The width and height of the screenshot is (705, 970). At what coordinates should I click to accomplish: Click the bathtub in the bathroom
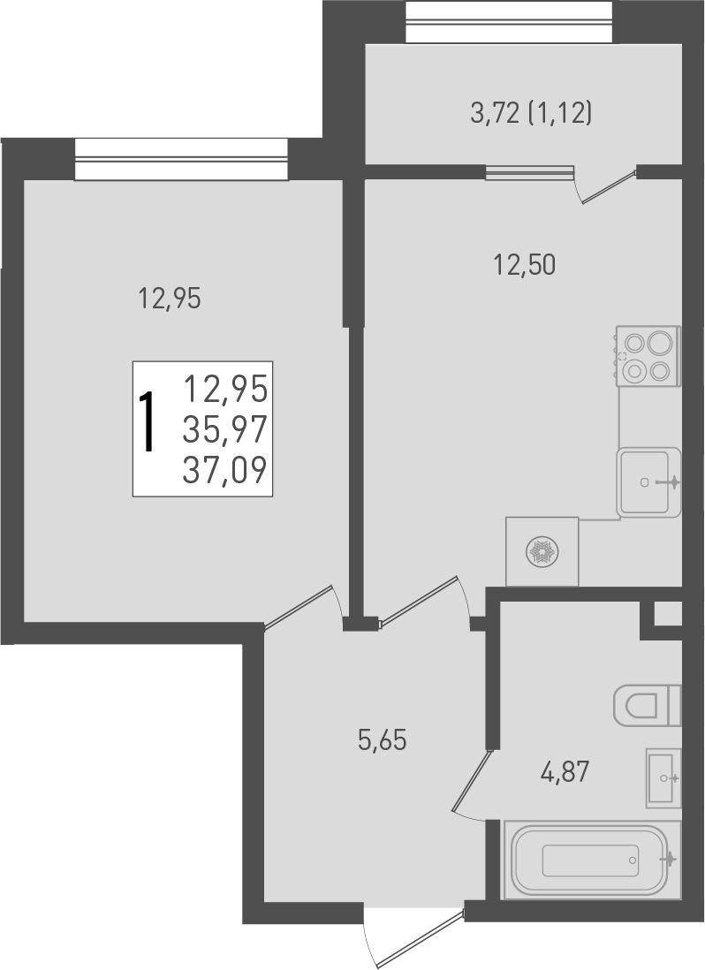[590, 860]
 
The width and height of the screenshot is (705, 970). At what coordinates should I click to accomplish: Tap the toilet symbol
[648, 705]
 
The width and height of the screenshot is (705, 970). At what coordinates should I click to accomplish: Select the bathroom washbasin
[663, 777]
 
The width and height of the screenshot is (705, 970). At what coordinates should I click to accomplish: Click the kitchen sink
[649, 482]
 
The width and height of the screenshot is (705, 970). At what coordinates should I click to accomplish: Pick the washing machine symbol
[542, 552]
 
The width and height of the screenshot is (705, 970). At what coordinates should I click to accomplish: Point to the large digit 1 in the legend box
[151, 423]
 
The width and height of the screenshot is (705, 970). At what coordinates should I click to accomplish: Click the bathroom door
[471, 780]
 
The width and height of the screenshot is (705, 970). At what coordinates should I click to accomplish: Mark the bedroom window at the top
[181, 159]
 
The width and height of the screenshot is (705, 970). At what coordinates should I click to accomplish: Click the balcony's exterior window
[509, 21]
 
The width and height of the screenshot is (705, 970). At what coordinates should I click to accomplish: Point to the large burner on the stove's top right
[660, 342]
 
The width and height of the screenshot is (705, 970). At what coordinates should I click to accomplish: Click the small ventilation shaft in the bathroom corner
[669, 613]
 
